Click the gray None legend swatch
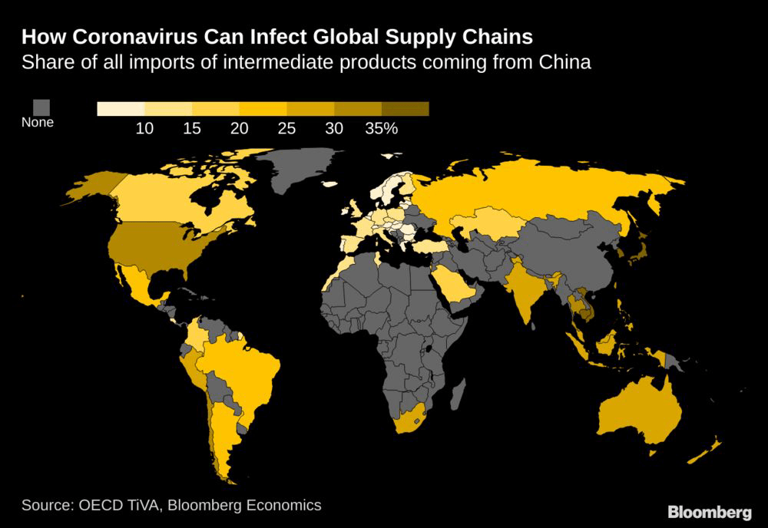(41, 107)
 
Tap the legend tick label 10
(144, 129)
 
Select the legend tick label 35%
(381, 129)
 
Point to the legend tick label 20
(239, 129)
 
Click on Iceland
(330, 184)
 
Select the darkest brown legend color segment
(405, 109)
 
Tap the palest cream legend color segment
(121, 109)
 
